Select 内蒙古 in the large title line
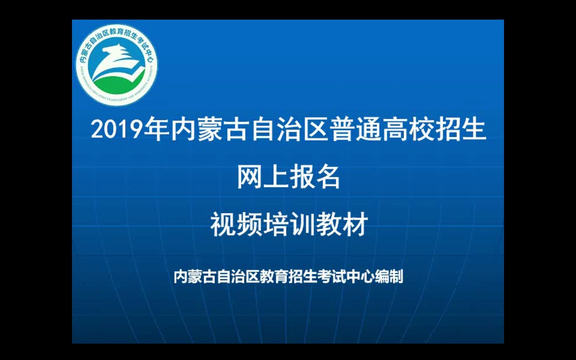coord(210,129)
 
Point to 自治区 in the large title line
coord(290,129)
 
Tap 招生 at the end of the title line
coord(461,129)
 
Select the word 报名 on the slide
coord(315,177)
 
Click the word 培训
coord(289,224)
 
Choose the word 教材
coord(342,224)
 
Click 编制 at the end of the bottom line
coord(389,276)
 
